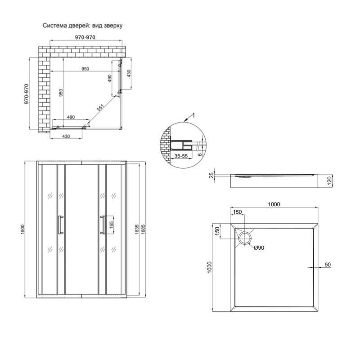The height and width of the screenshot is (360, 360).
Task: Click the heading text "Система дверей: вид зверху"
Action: (x=82, y=26)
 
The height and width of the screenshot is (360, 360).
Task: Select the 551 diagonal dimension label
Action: (x=100, y=108)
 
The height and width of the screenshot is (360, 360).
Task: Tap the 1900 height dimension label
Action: (x=22, y=229)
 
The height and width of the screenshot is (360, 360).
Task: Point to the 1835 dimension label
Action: (x=137, y=229)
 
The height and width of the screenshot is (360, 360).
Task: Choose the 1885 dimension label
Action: (x=143, y=229)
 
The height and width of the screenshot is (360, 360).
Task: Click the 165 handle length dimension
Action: (x=111, y=225)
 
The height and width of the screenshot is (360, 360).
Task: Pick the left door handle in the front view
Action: (x=61, y=225)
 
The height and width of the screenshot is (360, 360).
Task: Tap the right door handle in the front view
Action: (x=103, y=225)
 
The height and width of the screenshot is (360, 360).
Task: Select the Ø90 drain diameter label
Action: (x=259, y=248)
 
